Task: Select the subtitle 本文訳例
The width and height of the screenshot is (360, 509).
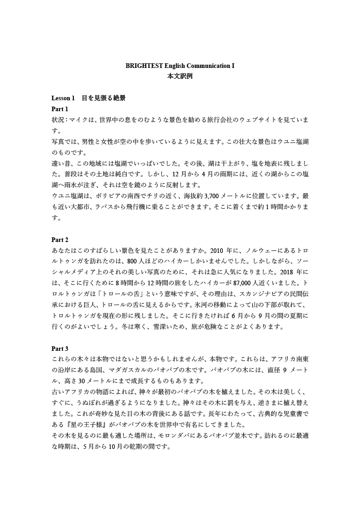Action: pos(180,77)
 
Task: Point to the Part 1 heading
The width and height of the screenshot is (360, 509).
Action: pos(60,109)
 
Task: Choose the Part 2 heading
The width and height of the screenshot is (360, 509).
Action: pos(60,240)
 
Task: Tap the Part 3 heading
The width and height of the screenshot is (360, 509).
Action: pos(60,349)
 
